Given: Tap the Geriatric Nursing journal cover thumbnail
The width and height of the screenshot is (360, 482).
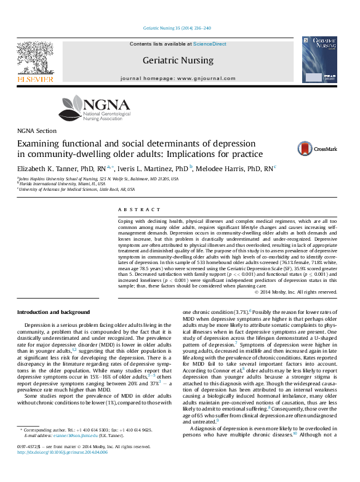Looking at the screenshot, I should click(x=319, y=60).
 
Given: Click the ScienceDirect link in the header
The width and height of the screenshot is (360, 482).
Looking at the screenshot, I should click(x=210, y=44).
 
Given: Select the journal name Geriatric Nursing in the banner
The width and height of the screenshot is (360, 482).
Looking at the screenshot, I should click(x=178, y=60).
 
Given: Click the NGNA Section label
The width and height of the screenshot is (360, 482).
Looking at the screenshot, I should click(x=37, y=131).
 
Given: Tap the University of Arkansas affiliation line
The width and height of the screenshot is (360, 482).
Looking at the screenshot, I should click(x=77, y=190).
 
